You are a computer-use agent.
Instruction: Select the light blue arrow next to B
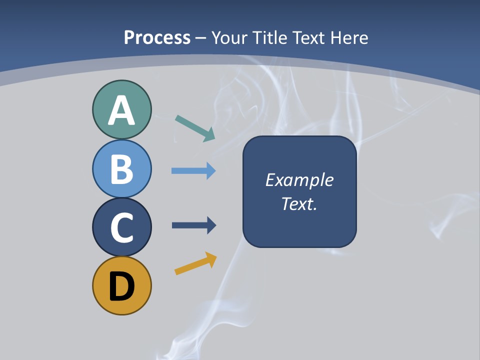tap(193, 170)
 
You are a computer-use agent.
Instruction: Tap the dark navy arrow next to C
tap(193, 225)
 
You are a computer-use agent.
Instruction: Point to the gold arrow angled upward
tap(195, 263)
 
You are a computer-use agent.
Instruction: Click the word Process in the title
tap(157, 37)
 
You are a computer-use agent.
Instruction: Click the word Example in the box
tap(299, 180)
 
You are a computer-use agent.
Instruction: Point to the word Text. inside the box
tap(299, 203)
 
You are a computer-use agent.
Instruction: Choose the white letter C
tap(122, 228)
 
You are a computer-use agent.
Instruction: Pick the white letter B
tap(121, 169)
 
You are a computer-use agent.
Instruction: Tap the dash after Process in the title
tap(201, 38)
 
